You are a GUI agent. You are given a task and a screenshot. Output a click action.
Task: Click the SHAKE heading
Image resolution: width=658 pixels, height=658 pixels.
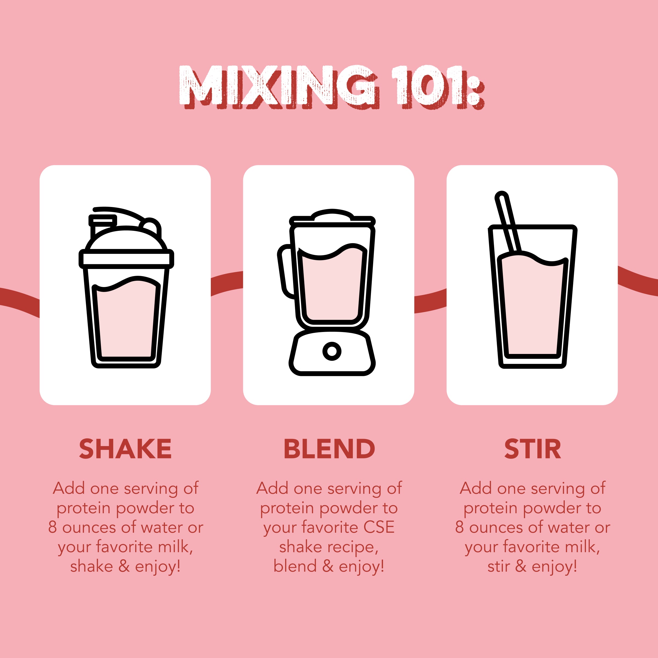coord(125,449)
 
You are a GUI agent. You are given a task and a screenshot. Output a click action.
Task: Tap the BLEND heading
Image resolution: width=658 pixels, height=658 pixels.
coord(329,449)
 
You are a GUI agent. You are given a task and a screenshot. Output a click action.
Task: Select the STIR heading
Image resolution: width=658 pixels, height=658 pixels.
coord(532,449)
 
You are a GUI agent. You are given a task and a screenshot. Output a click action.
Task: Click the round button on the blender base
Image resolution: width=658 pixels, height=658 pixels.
coord(332,351)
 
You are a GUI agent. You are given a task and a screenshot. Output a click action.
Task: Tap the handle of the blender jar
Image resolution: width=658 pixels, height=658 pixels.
coord(285,271)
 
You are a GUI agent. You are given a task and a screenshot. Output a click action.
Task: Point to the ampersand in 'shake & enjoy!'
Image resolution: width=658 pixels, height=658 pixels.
coord(124,566)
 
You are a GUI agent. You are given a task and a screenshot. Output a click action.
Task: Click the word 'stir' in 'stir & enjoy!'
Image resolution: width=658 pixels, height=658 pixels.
coord(498,566)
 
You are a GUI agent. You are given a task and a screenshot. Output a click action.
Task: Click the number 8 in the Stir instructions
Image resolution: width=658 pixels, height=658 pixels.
coord(460,527)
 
